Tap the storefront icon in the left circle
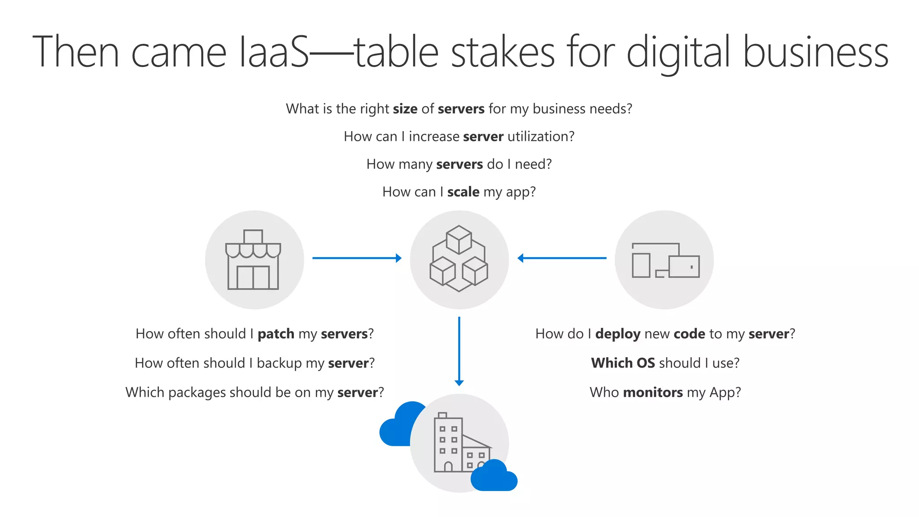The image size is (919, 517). [x=254, y=260]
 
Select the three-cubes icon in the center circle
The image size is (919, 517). [x=459, y=259]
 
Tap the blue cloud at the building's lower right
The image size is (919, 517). [x=494, y=476]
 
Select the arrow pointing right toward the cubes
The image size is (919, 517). [x=357, y=258]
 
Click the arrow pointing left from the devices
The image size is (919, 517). [x=562, y=258]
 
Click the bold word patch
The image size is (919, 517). [x=276, y=334]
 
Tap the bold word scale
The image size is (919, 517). [x=463, y=192]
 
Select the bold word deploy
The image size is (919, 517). [x=617, y=334]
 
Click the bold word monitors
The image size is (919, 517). [x=652, y=393]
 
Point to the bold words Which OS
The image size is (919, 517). [x=623, y=363]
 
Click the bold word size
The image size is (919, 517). [x=405, y=109]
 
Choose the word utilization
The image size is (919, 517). [x=540, y=136]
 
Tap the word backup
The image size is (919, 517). [x=279, y=363]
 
